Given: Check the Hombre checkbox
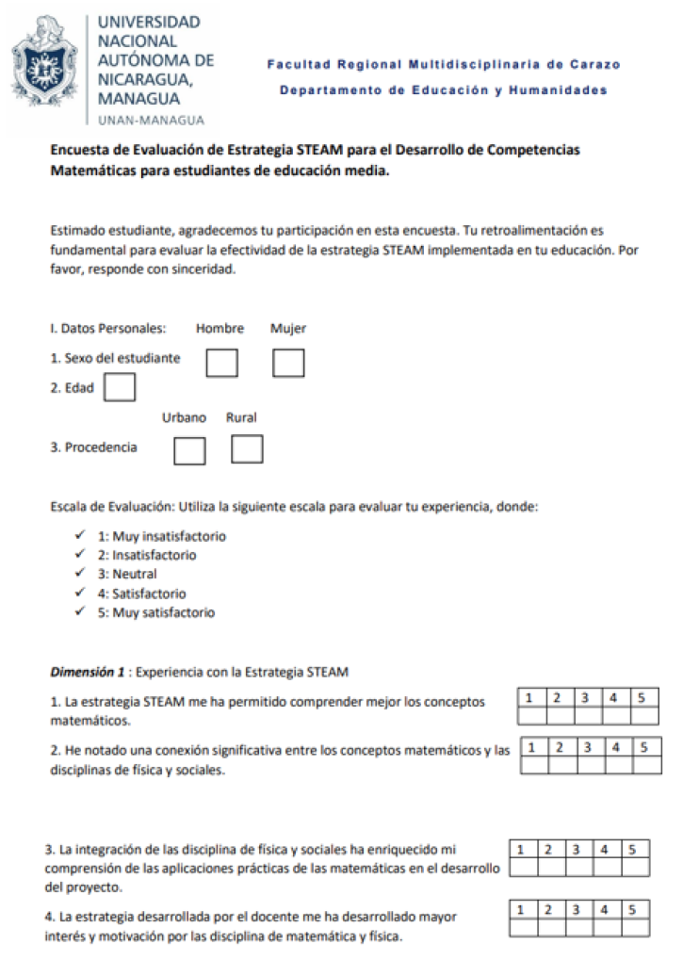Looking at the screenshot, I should coord(221,363).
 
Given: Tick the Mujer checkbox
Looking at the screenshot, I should coord(288,363).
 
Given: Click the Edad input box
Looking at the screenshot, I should coord(120,387).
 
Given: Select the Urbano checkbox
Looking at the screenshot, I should coord(189,450).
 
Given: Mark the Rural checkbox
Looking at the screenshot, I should coord(247,449).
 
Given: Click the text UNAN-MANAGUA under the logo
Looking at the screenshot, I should coord(151,120).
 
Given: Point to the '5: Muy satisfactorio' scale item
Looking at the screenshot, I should coord(156,612).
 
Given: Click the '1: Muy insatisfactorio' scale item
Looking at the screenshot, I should coord(162,536).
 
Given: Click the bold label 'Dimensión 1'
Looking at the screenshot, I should coord(87,673).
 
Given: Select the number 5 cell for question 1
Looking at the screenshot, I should coord(642,698).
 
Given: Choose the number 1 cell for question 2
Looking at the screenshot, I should coord(533,748).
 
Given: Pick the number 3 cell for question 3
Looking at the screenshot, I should coord(577,849).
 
